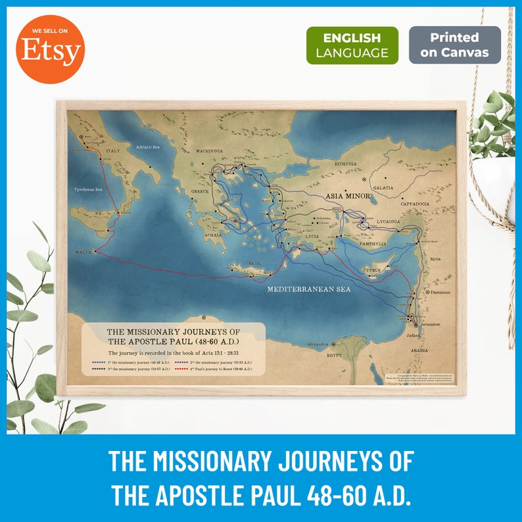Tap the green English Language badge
(352, 45)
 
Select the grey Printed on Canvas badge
(454, 45)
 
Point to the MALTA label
(83, 252)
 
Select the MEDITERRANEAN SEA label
(308, 289)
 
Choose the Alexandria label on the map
(318, 344)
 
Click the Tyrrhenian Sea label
(88, 189)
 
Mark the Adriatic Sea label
(148, 147)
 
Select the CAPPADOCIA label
(414, 204)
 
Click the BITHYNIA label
(344, 164)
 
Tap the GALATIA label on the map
(383, 187)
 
